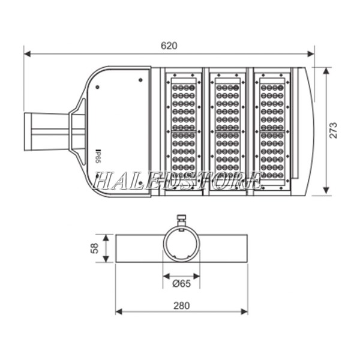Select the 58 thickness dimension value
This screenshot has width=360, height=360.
94,248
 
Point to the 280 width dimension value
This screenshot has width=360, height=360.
181,305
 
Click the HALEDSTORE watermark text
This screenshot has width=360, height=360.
178,179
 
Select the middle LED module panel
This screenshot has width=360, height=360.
227,131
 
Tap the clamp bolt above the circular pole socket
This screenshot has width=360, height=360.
181,220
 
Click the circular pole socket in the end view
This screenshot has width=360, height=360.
181,245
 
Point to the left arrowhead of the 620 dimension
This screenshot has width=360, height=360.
27,54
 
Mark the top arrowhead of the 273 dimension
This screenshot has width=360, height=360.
325,70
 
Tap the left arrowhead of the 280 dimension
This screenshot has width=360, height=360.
118,312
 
